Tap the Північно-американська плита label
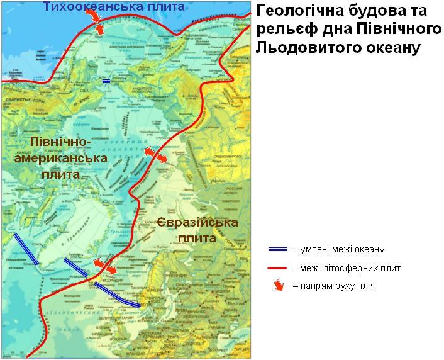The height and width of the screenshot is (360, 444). pos(60,157)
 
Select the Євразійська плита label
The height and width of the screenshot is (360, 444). pos(197,230)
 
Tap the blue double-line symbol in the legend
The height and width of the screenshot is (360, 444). pos(277,249)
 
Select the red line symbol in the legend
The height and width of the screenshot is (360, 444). pos(277,268)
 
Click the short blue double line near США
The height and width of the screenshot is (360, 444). pos(106,81)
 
